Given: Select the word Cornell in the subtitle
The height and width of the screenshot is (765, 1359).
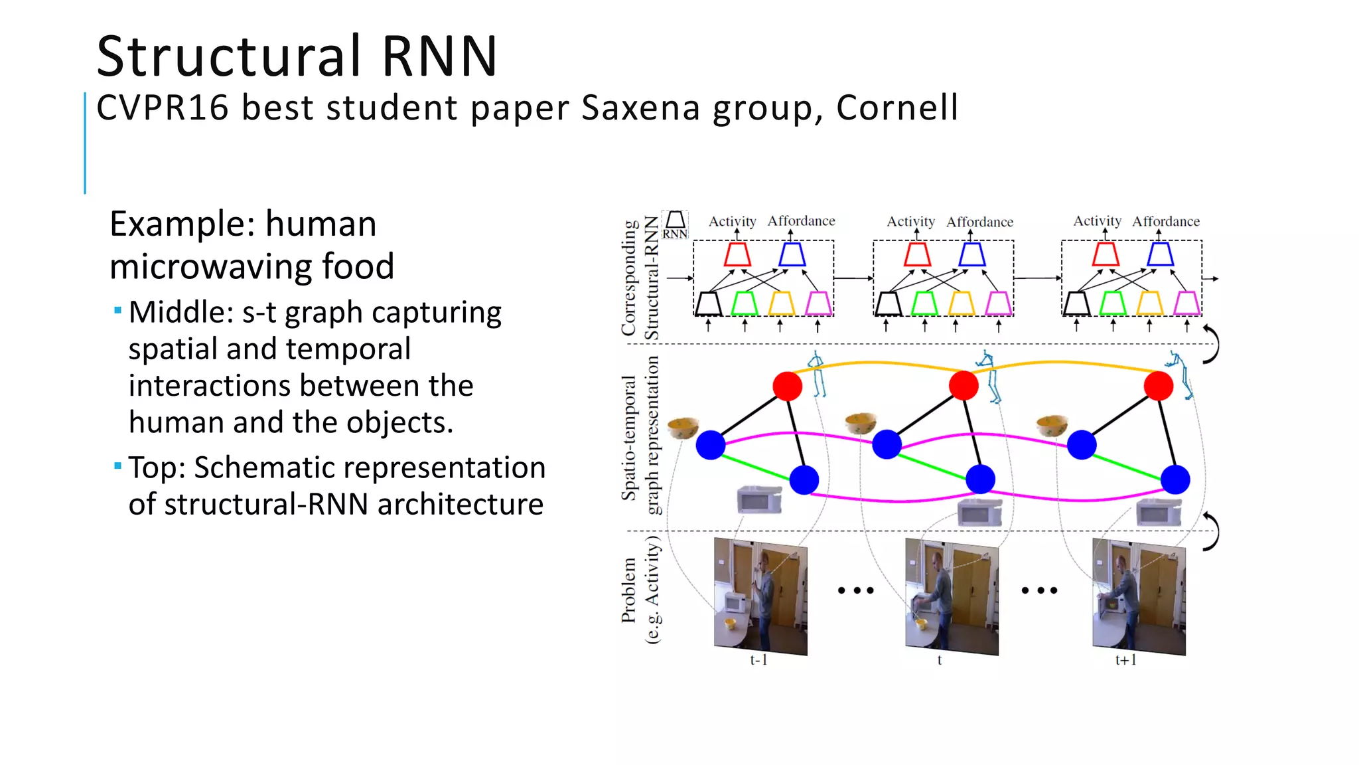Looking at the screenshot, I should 897,108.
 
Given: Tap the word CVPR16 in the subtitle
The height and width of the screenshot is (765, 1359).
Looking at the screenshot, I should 163,108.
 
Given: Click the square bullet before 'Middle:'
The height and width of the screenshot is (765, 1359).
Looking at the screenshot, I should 117,310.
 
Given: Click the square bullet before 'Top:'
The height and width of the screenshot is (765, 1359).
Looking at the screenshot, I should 117,466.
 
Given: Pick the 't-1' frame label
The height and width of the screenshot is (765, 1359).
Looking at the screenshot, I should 758,660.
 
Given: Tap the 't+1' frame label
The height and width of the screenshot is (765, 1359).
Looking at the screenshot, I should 1125,660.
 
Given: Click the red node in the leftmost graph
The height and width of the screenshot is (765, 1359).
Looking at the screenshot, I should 788,386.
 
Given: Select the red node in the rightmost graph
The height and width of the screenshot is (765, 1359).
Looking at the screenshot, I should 1159,386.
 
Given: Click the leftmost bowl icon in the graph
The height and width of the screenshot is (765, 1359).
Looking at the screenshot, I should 683,427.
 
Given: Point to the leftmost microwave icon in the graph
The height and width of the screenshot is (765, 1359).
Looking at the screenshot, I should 759,499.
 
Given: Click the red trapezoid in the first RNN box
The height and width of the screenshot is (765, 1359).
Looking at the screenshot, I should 737,254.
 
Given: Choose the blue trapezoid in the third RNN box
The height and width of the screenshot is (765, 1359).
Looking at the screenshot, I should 1160,254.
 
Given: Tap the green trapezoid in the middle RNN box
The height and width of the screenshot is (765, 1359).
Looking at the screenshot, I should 924,303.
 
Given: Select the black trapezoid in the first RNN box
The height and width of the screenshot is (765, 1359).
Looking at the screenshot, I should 708,303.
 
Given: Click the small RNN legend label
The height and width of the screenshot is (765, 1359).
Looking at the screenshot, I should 675,234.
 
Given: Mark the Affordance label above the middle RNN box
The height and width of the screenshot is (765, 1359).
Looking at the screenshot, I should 979,222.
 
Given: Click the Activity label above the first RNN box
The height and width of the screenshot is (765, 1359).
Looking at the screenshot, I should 732,221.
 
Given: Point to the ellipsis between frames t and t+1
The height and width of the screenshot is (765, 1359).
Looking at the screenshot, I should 1039,590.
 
